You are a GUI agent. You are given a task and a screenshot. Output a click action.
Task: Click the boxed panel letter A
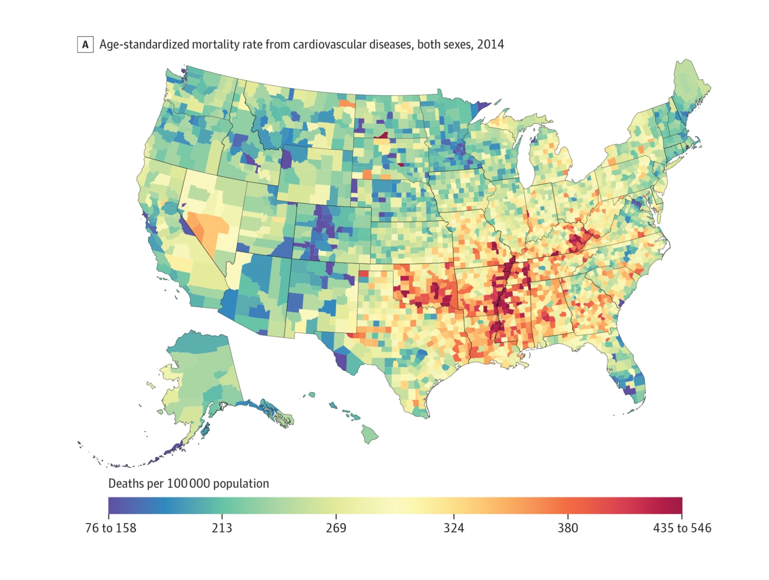[x=85, y=45]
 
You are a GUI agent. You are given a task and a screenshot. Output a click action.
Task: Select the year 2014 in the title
[x=490, y=45]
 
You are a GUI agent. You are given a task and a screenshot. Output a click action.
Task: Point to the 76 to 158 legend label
[x=111, y=528]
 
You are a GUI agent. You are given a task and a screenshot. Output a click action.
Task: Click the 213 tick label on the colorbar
[x=222, y=528]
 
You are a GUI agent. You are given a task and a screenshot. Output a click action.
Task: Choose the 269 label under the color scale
[x=336, y=528]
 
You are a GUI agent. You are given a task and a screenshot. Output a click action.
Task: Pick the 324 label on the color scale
[x=454, y=528]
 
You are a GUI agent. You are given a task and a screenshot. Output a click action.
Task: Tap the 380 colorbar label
[x=568, y=528]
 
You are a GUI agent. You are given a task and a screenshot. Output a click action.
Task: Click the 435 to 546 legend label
[x=682, y=528]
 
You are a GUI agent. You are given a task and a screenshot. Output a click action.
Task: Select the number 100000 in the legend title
[x=189, y=484]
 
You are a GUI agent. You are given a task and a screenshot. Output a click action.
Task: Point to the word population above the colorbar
[x=241, y=484]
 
